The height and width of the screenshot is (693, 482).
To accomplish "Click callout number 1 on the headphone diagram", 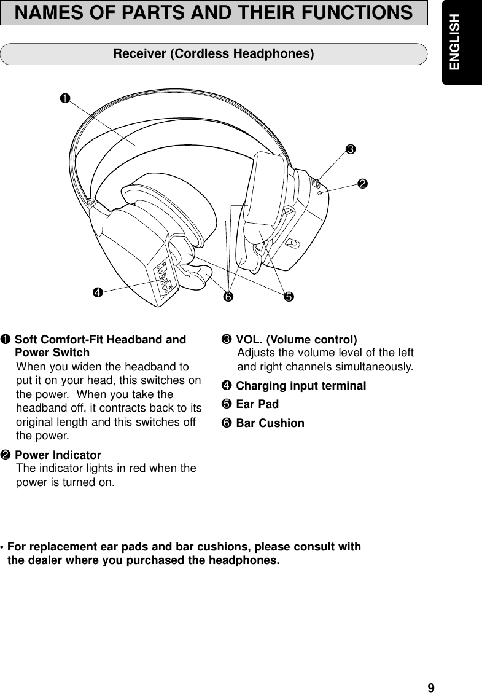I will (64, 98).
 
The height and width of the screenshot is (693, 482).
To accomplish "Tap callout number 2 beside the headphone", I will (363, 184).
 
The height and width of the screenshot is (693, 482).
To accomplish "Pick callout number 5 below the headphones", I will (287, 298).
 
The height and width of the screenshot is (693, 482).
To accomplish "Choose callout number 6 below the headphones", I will (228, 298).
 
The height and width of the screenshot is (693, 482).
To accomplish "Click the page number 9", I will (431, 687).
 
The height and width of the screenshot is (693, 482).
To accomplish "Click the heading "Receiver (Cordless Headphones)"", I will (214, 54).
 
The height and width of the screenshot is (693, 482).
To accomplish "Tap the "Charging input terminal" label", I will (301, 386).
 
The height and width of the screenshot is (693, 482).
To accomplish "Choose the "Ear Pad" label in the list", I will (257, 404).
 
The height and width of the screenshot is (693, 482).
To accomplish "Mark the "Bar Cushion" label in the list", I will (270, 423).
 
